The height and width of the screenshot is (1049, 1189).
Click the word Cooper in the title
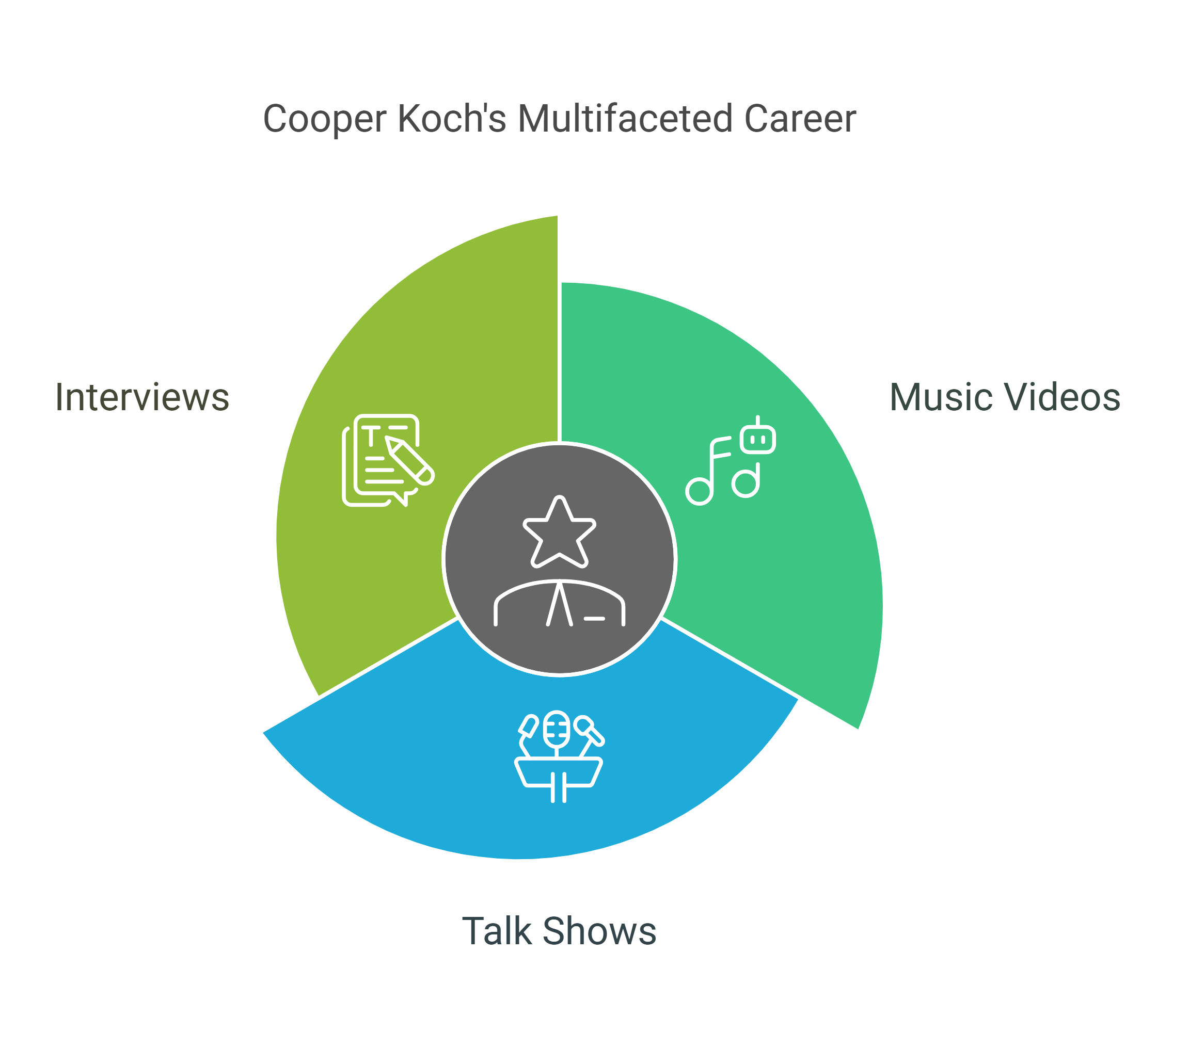click(325, 120)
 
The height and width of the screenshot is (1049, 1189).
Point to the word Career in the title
click(800, 119)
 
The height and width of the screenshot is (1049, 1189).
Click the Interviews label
click(142, 398)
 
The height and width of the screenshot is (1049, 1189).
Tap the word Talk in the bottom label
click(497, 931)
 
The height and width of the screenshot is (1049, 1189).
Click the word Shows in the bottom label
click(600, 931)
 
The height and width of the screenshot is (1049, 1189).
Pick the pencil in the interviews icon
click(409, 460)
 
